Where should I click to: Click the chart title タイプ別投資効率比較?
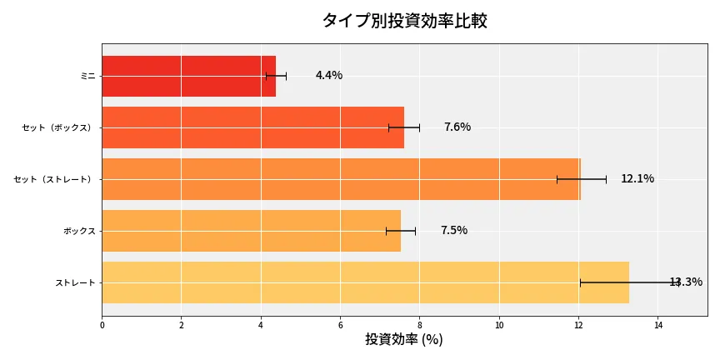pyautogui.click(x=404, y=21)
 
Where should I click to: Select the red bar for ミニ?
pyautogui.click(x=188, y=76)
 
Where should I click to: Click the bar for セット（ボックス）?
pyautogui.click(x=252, y=127)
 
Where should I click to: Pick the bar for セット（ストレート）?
pyautogui.click(x=341, y=179)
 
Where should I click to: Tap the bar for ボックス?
pyautogui.click(x=251, y=231)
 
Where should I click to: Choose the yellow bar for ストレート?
pyautogui.click(x=365, y=282)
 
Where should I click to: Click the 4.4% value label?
pyautogui.click(x=328, y=76)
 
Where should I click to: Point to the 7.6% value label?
pyautogui.click(x=457, y=127)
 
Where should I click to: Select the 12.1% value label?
pyautogui.click(x=637, y=179)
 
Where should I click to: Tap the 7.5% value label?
pyautogui.click(x=453, y=231)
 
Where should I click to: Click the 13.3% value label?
pyautogui.click(x=686, y=282)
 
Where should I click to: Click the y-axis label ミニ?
pyautogui.click(x=87, y=76)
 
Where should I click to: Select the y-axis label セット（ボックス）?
pyautogui.click(x=58, y=127)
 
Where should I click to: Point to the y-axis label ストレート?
pyautogui.click(x=75, y=282)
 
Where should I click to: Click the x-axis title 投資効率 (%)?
pyautogui.click(x=404, y=340)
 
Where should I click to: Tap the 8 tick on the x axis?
pyautogui.click(x=419, y=325)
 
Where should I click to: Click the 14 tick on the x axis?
pyautogui.click(x=657, y=325)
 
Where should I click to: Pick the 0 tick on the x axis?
pyautogui.click(x=102, y=325)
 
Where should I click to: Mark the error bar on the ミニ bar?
pyautogui.click(x=276, y=76)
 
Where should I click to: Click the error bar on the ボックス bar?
pyautogui.click(x=400, y=231)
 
